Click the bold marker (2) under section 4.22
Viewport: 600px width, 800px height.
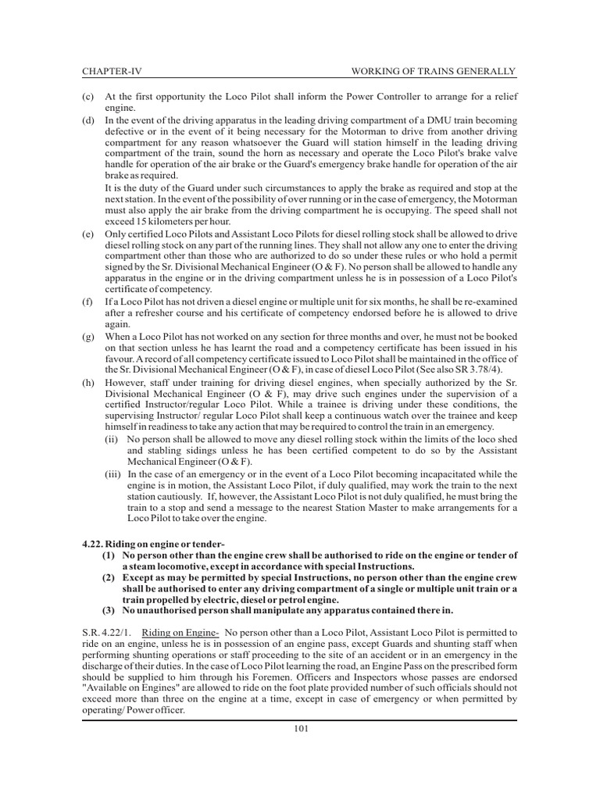point(108,577)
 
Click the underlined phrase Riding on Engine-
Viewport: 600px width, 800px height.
point(179,630)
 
